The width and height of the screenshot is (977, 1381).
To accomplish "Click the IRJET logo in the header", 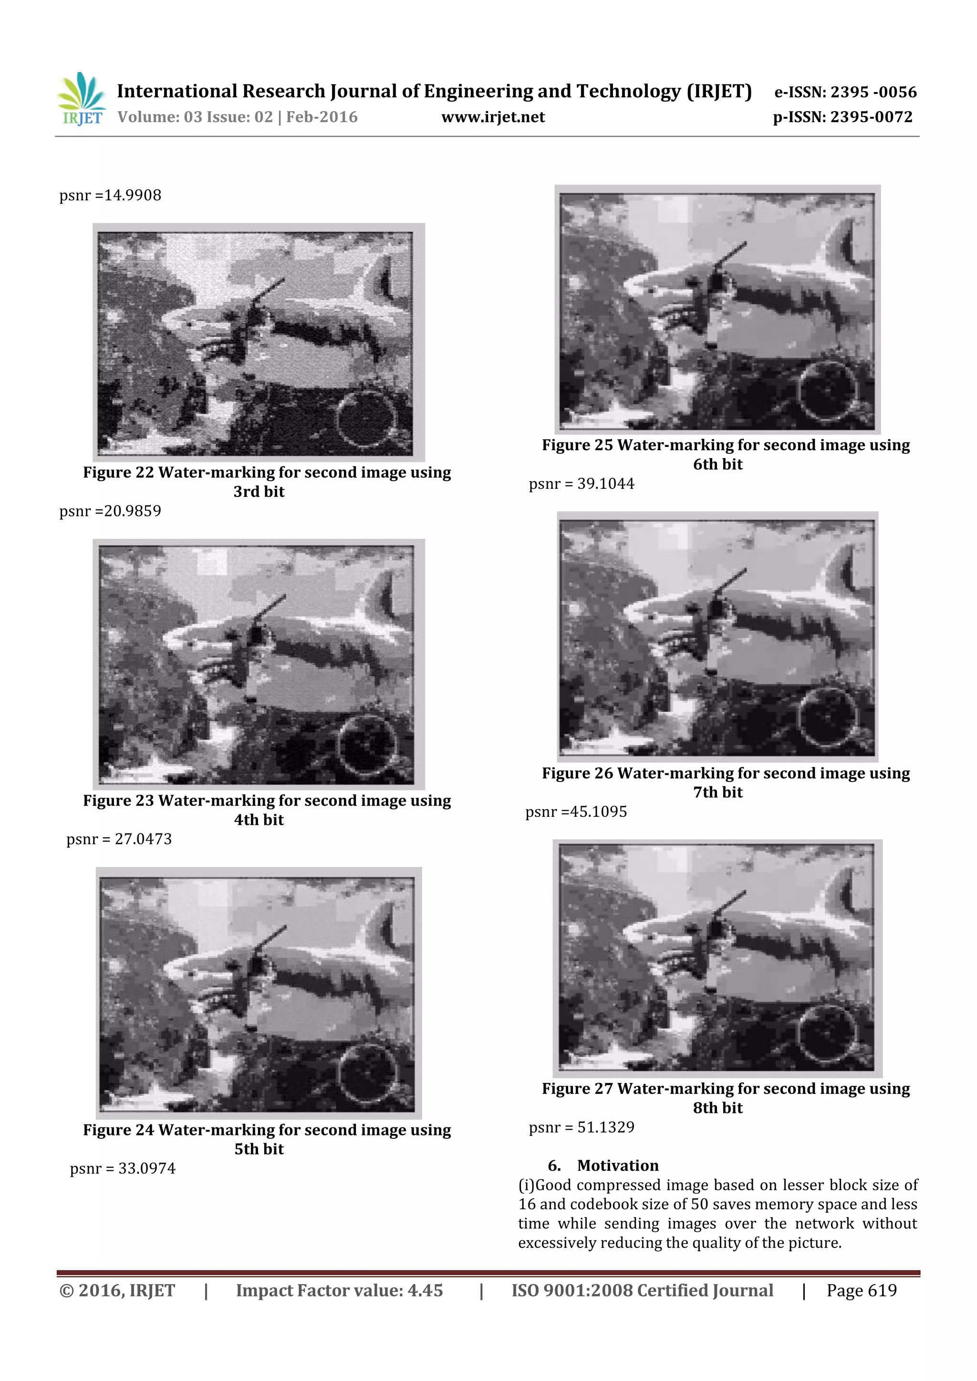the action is point(81,99).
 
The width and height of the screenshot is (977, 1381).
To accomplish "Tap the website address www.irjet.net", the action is point(493,117).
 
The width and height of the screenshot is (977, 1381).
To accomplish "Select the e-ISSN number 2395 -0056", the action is point(873,92).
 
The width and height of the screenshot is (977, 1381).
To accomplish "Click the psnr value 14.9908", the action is point(133,196).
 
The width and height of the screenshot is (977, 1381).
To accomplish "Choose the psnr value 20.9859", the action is point(133,511).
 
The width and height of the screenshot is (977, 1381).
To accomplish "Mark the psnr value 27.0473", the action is point(143,839).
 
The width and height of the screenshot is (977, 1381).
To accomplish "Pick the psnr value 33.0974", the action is point(147,1169).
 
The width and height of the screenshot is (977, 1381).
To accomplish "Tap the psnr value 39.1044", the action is point(606,484).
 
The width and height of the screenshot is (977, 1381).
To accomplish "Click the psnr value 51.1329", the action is point(606,1128).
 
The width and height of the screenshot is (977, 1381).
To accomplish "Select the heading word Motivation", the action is point(618,1165).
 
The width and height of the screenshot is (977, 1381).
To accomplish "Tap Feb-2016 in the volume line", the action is point(322,117).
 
